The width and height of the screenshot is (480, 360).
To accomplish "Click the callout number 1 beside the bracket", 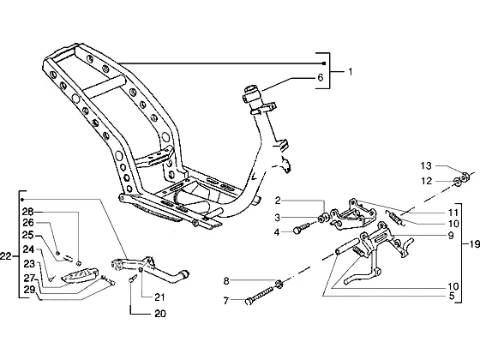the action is click(x=351, y=72).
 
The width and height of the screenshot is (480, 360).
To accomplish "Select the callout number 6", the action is click(x=321, y=78).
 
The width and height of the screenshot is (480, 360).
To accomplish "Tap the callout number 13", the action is click(x=426, y=166).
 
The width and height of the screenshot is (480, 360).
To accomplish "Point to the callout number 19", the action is click(x=475, y=244).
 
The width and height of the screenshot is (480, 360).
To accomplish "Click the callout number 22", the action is click(x=5, y=255).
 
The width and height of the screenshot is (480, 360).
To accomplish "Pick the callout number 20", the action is click(x=160, y=314).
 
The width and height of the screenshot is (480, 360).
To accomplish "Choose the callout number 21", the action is click(x=159, y=297).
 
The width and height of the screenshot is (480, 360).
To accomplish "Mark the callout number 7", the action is click(x=226, y=301).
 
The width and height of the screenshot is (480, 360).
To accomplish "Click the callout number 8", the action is click(x=226, y=281).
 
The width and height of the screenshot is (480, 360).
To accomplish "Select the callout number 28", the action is click(x=27, y=212).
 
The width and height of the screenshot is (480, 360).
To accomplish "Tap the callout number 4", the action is click(x=277, y=232).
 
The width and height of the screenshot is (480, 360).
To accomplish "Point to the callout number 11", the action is click(x=453, y=213).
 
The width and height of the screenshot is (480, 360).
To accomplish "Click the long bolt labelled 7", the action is click(x=259, y=296).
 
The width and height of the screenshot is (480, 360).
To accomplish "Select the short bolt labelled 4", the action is click(x=302, y=228).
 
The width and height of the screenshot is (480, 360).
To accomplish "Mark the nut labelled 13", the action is click(x=465, y=177).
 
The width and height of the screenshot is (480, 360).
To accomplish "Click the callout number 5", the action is click(x=452, y=297).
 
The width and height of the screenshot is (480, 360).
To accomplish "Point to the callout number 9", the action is click(x=451, y=236).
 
